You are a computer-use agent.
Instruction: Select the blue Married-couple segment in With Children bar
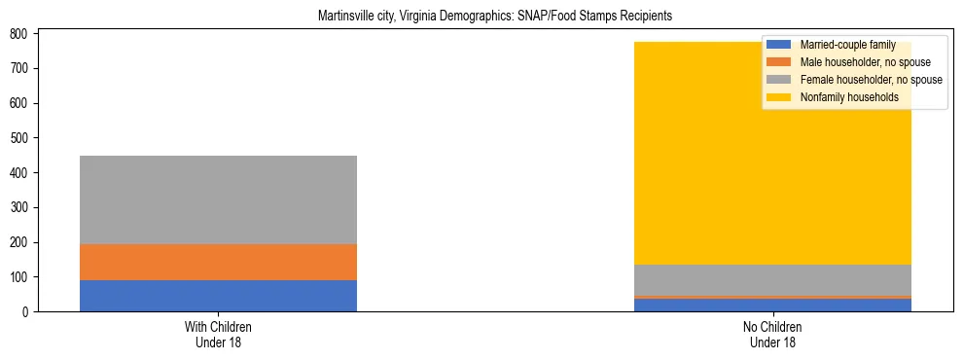(x=218, y=296)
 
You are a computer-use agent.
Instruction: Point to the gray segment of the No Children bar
(x=772, y=280)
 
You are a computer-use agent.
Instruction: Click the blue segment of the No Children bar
(x=772, y=306)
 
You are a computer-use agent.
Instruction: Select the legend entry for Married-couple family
(x=847, y=45)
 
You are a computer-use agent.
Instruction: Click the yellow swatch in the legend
(x=779, y=97)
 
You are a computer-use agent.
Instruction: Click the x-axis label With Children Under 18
(x=218, y=335)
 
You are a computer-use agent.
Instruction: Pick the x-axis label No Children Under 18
(x=772, y=335)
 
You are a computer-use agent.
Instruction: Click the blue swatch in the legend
(x=779, y=45)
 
